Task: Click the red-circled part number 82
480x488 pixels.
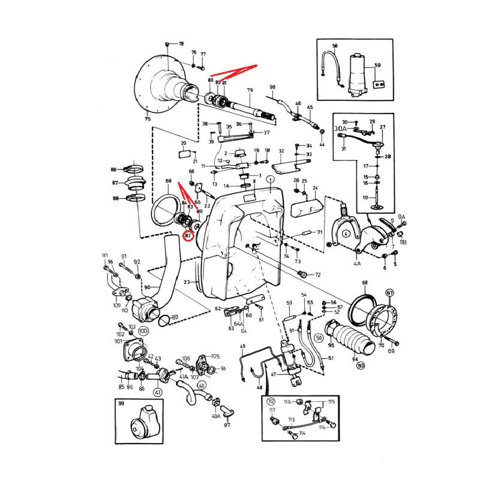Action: tap(188, 236)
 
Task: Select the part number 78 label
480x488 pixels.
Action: tap(182, 44)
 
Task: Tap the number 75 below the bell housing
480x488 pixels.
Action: tap(148, 119)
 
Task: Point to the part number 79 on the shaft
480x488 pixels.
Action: tap(250, 91)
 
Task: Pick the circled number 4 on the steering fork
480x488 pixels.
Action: tap(346, 234)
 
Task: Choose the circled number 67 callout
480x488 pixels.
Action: tap(390, 293)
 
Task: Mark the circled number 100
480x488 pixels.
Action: tap(143, 331)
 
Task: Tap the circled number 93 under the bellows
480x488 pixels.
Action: tap(361, 365)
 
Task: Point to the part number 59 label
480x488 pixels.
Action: tap(377, 66)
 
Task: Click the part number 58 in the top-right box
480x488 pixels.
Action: tap(335, 46)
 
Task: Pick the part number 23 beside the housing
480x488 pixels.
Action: tap(187, 281)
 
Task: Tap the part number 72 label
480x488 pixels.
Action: tap(318, 275)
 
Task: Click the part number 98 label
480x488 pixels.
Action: tap(272, 88)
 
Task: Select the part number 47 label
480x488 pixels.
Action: tap(274, 374)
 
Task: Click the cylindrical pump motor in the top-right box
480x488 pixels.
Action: tap(358, 72)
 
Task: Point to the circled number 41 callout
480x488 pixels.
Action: tap(158, 392)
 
